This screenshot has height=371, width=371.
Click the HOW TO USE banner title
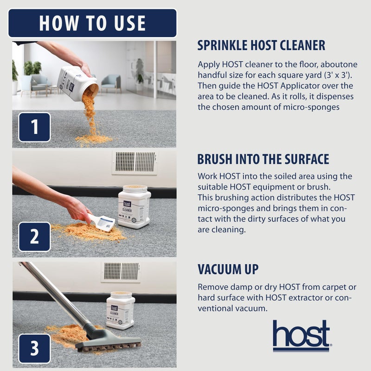pos(92,23)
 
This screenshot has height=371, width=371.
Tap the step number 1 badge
pos(34,127)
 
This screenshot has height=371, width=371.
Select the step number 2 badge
pos(34,237)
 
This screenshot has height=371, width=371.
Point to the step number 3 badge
pos(34,348)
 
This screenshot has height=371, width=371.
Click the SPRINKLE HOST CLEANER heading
pos(261,45)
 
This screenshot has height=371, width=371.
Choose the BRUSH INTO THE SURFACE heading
pos(263,159)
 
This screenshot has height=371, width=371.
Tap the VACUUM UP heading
pos(228,269)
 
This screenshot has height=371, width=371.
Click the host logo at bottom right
pos(301,336)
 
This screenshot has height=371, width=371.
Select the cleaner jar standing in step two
pos(134,207)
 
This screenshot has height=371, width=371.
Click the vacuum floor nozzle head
pos(109,342)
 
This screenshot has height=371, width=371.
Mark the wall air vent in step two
pos(134,162)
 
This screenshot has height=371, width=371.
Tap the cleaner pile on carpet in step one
pos(93,139)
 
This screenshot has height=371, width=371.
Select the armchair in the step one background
pos(111,83)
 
